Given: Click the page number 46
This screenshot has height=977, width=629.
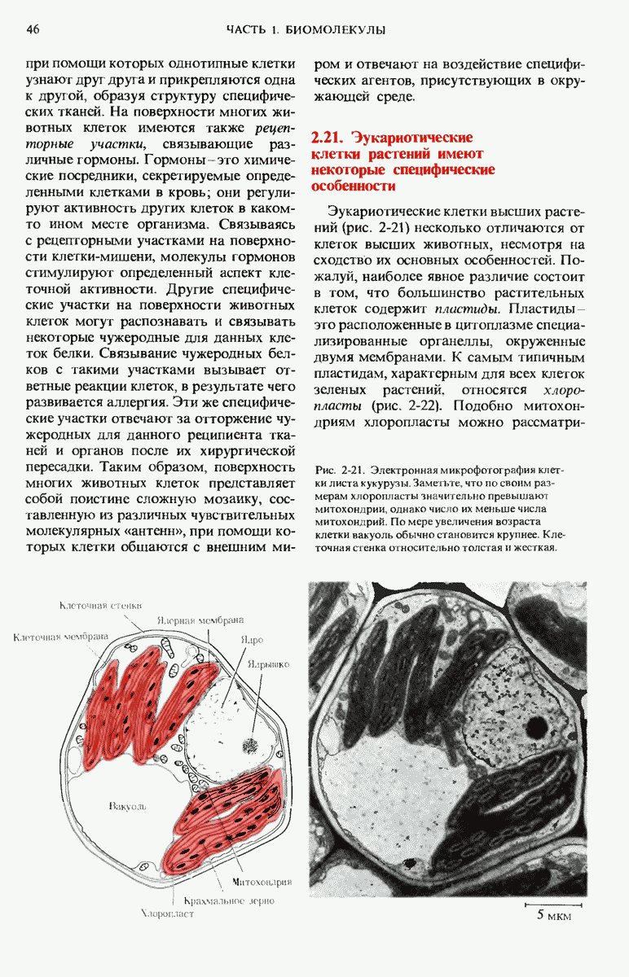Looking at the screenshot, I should click(x=33, y=30).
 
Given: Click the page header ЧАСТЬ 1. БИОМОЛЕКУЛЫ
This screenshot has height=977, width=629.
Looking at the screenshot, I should click(x=306, y=30).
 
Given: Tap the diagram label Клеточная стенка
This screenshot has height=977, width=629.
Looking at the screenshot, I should click(x=103, y=605).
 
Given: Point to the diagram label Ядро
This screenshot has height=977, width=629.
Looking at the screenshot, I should click(x=252, y=639).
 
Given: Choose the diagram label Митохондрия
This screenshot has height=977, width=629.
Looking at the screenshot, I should click(x=262, y=882).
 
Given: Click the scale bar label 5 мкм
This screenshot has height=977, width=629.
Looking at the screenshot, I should click(x=554, y=916).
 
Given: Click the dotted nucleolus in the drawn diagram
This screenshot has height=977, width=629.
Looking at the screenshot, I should click(x=251, y=743).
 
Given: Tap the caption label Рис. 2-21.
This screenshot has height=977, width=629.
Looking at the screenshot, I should click(x=338, y=471).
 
